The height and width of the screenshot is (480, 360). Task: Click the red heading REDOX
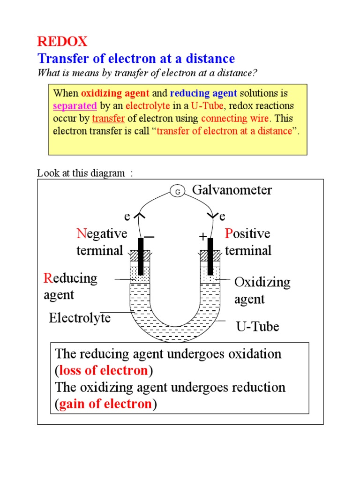tap(62, 42)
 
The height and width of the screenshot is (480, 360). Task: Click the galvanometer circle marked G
tap(177, 191)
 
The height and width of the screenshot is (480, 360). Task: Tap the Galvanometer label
tap(232, 190)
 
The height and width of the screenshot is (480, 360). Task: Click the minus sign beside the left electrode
tap(150, 238)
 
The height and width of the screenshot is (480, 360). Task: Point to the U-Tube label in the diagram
tap(257, 326)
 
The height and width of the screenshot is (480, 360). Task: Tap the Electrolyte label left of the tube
tap(80, 318)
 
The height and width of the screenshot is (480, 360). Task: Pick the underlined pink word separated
tap(75, 105)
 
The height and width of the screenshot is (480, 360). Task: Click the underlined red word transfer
tap(108, 118)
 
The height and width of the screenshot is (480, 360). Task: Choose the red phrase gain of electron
tap(105, 404)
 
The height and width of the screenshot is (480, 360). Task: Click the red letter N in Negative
tap(81, 233)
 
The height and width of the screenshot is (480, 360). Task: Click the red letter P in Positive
tap(229, 233)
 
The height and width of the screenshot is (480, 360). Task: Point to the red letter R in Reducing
tap(48, 278)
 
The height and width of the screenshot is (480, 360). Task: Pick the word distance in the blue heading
tap(210, 59)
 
